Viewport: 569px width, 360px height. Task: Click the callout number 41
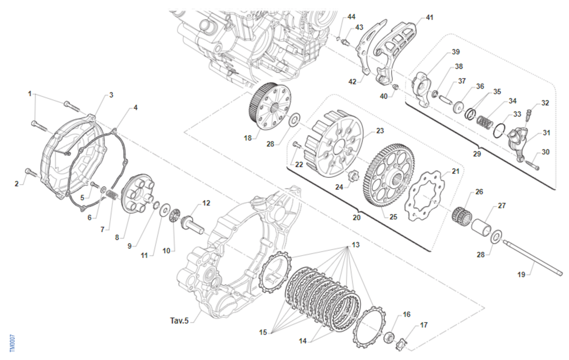click(429, 18)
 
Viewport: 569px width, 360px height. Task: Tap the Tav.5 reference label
click(179, 321)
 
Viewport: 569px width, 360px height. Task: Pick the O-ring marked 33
click(499, 131)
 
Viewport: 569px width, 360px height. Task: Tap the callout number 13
click(356, 245)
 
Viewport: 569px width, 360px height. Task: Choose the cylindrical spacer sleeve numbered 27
click(481, 226)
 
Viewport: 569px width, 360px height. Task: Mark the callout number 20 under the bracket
click(357, 218)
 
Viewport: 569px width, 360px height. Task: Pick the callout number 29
click(477, 154)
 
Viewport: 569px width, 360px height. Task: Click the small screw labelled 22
click(297, 145)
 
